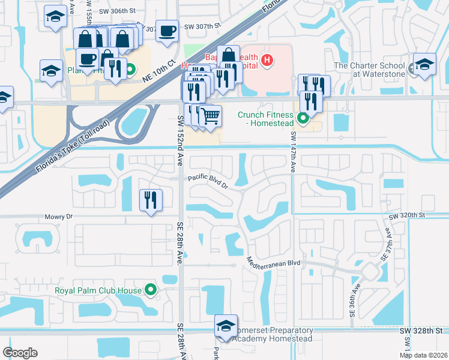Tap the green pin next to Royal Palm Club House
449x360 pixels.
pos(150,291)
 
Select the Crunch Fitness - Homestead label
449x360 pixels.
pos(268,115)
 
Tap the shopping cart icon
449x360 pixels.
pos(210,115)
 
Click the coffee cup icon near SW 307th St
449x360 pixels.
pos(167,30)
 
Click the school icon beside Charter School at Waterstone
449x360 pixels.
pos(424,64)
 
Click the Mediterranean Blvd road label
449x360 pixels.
pos(273,262)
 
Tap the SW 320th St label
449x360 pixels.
pos(407,215)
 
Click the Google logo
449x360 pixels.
pos(20,353)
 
